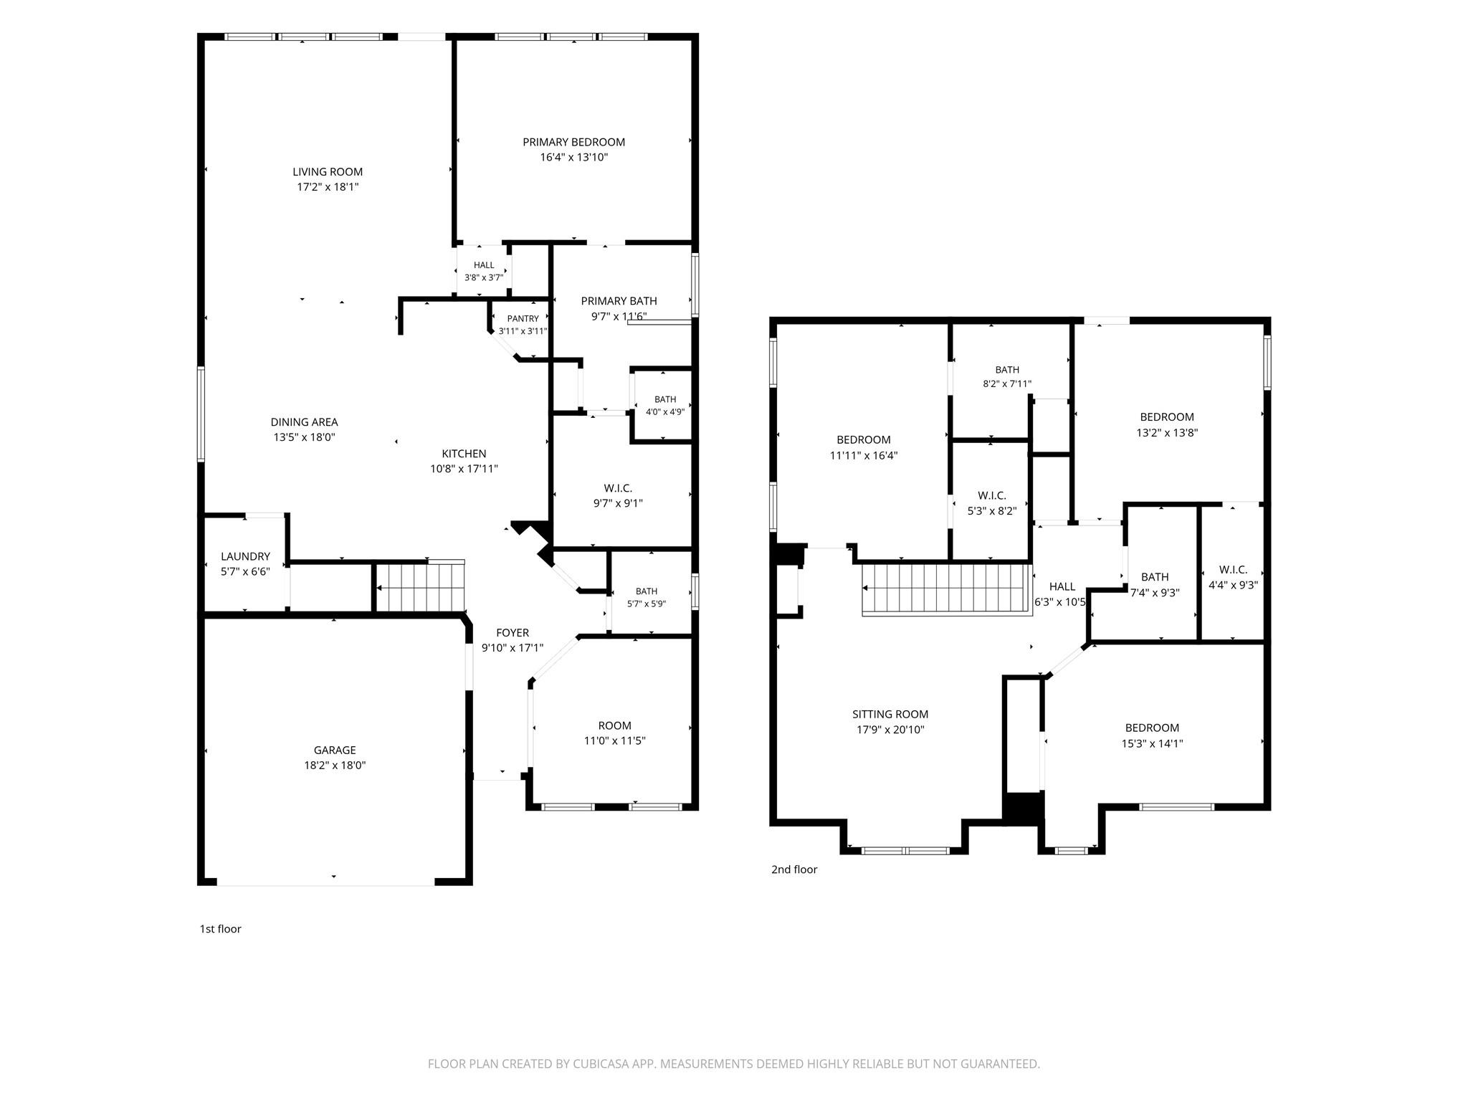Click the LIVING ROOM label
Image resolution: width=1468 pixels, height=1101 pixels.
(x=328, y=172)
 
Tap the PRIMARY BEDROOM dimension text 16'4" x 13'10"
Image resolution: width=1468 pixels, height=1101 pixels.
(x=574, y=158)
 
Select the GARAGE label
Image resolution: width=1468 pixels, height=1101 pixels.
(x=335, y=750)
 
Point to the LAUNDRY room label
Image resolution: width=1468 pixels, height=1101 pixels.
(x=245, y=556)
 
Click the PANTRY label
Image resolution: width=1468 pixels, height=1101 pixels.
(x=523, y=318)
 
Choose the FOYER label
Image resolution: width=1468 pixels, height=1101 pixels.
(x=513, y=633)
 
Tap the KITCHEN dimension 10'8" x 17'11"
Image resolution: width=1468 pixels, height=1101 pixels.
(x=464, y=470)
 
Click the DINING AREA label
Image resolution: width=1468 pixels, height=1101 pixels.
(x=304, y=422)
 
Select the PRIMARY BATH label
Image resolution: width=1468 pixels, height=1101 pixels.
(x=619, y=301)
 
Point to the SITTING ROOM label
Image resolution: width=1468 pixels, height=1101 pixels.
(x=890, y=714)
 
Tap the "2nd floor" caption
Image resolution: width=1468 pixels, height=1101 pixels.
(x=794, y=869)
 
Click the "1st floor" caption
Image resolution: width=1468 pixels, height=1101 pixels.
(x=220, y=929)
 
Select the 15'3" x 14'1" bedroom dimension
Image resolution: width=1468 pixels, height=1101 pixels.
(x=1152, y=744)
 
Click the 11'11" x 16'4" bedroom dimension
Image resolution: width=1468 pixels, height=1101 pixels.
(x=864, y=455)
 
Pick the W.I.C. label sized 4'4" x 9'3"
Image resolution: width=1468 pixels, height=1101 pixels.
(x=1233, y=570)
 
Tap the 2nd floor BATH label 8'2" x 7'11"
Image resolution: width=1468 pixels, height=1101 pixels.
(x=1007, y=370)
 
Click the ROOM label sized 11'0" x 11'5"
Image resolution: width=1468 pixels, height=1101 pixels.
(x=615, y=725)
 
